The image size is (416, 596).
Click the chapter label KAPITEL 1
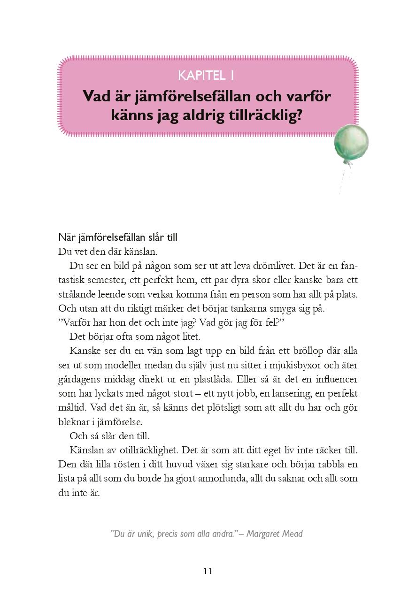[x=207, y=75]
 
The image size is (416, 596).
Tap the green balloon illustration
[x=351, y=143]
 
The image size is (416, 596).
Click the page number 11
[x=208, y=571]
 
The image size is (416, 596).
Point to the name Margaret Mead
[x=274, y=534]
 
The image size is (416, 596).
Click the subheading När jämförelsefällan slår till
[x=117, y=237]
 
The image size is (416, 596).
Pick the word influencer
[x=333, y=379]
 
